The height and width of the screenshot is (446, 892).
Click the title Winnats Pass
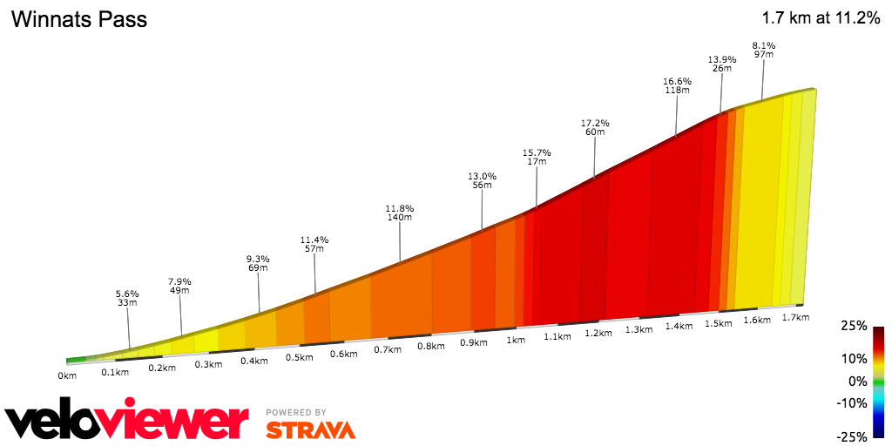point(78,19)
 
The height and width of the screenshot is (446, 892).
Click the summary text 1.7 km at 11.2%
point(821,18)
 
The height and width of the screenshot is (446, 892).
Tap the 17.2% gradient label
point(595,123)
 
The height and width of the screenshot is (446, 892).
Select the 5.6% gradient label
point(128,294)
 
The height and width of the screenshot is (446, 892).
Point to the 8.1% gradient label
point(764,45)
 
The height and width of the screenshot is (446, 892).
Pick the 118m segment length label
point(677,89)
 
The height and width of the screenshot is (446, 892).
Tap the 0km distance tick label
point(68,375)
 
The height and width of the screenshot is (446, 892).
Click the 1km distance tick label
point(516,340)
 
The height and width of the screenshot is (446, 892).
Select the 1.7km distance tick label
point(795,317)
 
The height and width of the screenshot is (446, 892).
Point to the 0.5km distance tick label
point(299,357)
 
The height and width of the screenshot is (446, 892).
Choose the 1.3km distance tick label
point(639,329)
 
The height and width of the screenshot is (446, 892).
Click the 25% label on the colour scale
point(855,326)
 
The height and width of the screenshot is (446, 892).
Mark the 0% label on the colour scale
point(858,381)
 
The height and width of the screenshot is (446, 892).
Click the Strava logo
point(310,429)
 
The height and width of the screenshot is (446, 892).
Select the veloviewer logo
point(126,421)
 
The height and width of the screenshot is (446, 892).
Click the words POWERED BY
point(296,412)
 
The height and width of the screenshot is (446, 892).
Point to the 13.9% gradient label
point(722,59)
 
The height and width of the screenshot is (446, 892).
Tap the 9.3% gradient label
point(258,259)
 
